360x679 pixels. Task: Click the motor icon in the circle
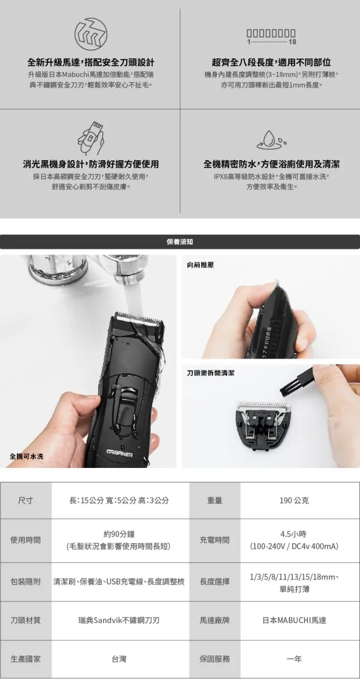91,33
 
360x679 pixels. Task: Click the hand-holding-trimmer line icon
91,138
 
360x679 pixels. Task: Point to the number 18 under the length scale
293,42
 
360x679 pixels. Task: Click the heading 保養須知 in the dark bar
180,242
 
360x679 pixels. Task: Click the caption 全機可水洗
27,456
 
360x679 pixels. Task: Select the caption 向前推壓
200,265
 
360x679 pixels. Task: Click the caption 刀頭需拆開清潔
211,373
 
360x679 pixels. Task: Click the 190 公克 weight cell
294,500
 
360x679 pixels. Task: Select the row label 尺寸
25,500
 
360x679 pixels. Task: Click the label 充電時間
215,540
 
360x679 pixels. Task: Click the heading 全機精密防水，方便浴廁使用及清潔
272,164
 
